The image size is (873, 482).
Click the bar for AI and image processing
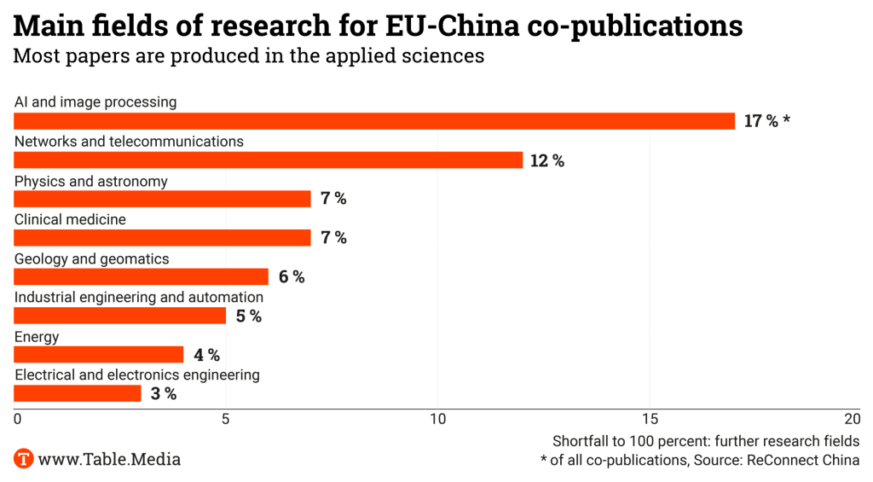374,121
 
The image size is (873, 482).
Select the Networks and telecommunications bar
268,160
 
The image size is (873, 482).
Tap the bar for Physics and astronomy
162,199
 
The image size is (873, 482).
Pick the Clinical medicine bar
162,238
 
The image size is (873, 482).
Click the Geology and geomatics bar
141,277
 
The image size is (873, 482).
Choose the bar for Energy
99,355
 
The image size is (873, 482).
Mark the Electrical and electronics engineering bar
78,394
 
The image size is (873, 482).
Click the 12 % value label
547,160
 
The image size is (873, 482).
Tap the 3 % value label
164,394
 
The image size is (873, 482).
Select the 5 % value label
249,316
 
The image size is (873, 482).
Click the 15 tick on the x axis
650,419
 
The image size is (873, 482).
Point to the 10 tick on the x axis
437,419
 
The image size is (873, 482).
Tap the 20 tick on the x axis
852,419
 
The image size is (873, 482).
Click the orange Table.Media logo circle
24,459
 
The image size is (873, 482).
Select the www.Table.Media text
109,459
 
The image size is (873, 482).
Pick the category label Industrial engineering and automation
139,298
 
